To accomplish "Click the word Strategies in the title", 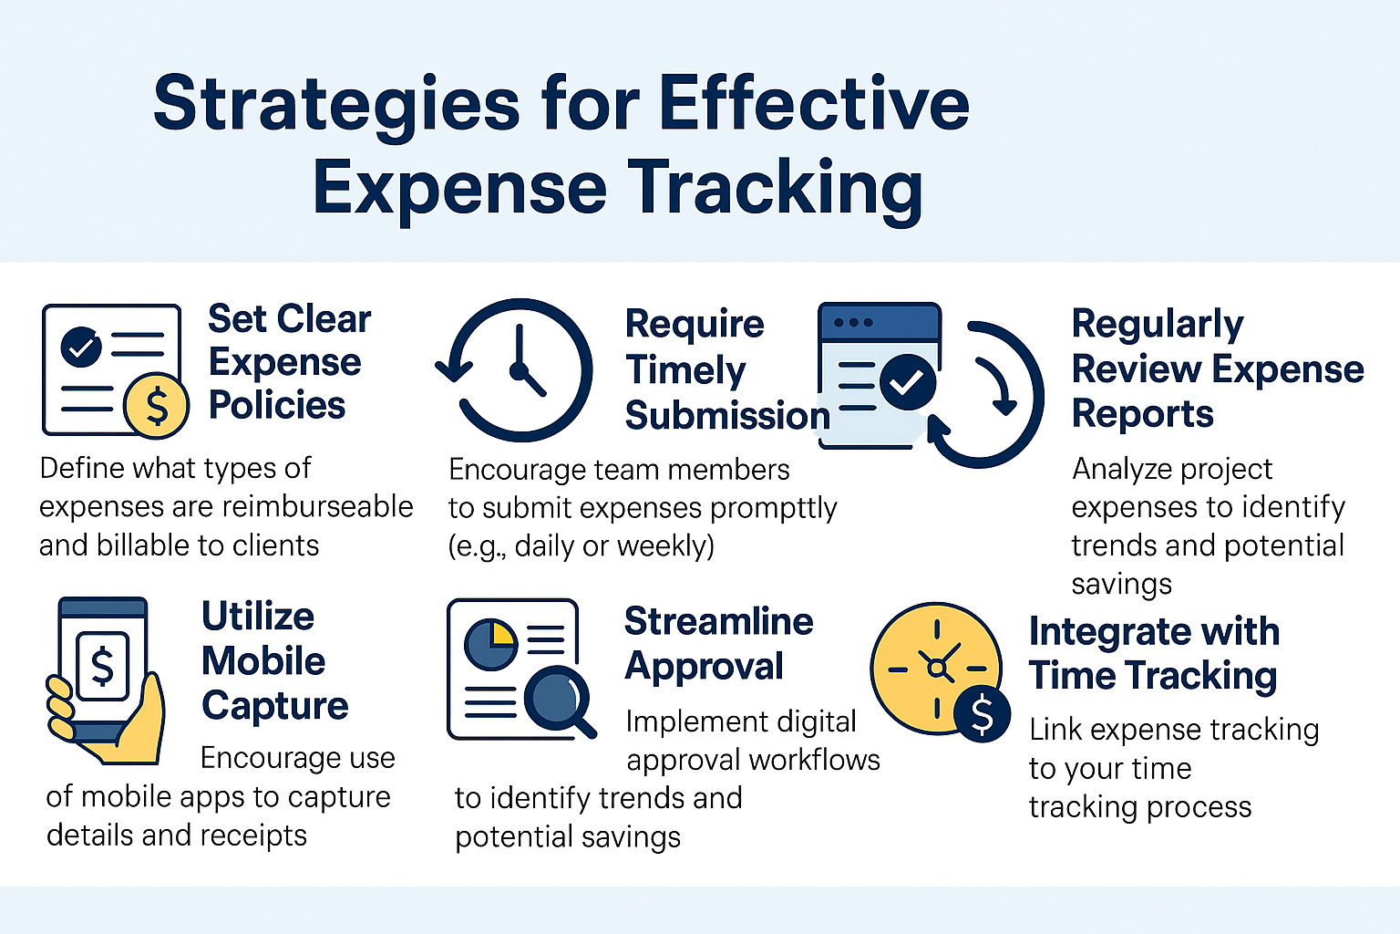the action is tap(336, 105).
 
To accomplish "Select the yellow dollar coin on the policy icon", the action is tap(156, 405).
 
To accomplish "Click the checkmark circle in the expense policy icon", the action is tap(81, 348).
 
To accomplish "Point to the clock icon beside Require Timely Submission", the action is tap(515, 370).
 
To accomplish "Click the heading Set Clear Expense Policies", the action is tap(289, 362).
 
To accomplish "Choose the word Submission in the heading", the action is tap(727, 415).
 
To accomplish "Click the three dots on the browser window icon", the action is tap(853, 323).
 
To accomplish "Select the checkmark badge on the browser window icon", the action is tap(908, 382).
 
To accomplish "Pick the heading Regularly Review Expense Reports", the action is tap(1218, 369).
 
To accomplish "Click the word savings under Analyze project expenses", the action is tap(1121, 585).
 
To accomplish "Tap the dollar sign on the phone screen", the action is tap(102, 666).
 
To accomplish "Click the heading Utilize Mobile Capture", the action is tap(275, 660).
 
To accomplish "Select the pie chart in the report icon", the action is tap(490, 644).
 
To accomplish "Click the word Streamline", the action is tap(719, 622).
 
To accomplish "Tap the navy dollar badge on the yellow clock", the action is tap(982, 715).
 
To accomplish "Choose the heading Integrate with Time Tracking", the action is tap(1155, 654).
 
